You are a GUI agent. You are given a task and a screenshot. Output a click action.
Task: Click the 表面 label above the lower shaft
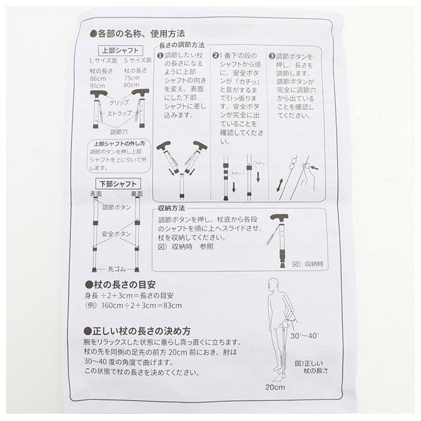(x=96, y=194)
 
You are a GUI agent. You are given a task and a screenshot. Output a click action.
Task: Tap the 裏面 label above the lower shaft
(x=137, y=194)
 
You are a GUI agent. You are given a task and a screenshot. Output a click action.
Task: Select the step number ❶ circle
(x=159, y=55)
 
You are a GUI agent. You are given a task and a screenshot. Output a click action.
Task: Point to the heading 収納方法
(x=171, y=207)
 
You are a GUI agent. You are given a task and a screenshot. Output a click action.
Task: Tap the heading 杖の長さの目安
(x=129, y=284)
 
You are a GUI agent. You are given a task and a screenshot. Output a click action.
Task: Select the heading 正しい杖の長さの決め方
(x=141, y=331)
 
